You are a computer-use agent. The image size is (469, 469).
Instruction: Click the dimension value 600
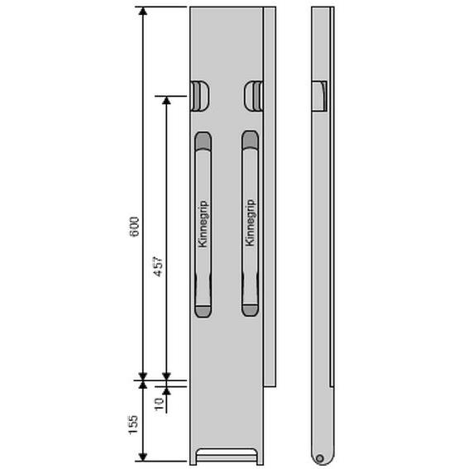[134, 227]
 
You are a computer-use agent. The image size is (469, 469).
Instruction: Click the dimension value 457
[158, 266]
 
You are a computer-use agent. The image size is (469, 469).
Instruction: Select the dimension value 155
[133, 424]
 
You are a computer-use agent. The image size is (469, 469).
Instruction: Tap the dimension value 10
[159, 404]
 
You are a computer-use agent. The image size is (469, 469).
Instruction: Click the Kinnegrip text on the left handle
[203, 223]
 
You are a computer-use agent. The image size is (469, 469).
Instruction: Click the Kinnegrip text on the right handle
[250, 223]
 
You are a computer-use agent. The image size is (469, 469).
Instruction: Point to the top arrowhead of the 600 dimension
[143, 11]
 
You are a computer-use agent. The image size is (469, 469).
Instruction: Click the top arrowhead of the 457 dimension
[166, 101]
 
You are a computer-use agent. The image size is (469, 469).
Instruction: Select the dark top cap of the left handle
[203, 141]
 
